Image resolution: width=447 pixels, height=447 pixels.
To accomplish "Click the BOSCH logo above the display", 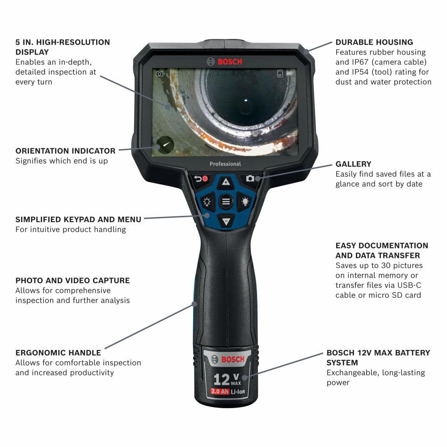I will [x=225, y=61].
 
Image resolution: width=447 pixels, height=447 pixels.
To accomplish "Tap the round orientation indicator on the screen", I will [x=164, y=144].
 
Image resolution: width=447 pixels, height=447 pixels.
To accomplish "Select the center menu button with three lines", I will [x=226, y=202].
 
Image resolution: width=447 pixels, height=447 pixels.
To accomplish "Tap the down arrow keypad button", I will [x=226, y=220].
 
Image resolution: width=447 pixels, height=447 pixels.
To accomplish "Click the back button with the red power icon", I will [x=201, y=179].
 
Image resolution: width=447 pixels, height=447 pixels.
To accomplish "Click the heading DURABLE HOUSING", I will [x=374, y=42].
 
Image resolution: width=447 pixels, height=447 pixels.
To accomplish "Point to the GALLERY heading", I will [x=353, y=164].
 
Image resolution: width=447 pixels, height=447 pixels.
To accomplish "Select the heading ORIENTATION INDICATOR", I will [x=65, y=151].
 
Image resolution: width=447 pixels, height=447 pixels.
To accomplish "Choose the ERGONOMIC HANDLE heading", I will [x=58, y=353].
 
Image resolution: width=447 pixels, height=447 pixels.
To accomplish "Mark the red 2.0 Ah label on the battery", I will [x=219, y=392].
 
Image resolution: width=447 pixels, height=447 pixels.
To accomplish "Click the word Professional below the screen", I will [x=225, y=164].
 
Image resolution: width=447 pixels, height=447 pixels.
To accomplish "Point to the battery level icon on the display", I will [x=291, y=73].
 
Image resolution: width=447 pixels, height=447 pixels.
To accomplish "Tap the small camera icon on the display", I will [x=159, y=74].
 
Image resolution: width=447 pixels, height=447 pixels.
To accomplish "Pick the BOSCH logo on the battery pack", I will [x=226, y=359].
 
